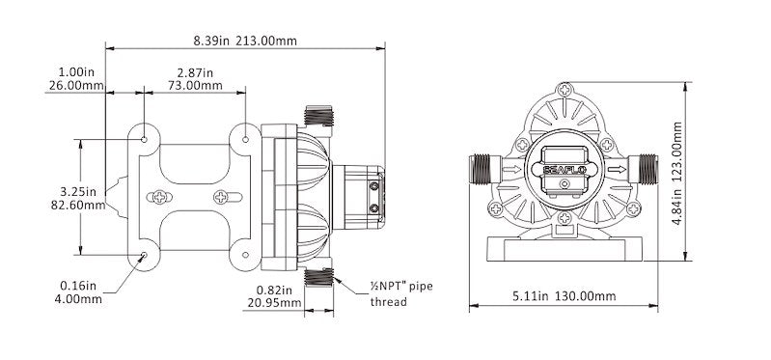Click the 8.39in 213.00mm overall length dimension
tap(246, 41)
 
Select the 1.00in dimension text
tap(76, 71)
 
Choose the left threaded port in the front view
tap(481, 171)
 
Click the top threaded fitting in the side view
tap(317, 116)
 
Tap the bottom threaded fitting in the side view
tap(317, 279)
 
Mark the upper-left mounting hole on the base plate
tap(144, 140)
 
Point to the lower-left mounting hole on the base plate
tap(144, 256)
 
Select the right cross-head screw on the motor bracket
tap(225, 198)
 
